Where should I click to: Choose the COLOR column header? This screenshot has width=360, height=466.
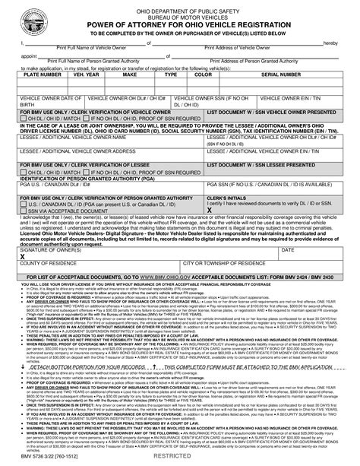203,97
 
